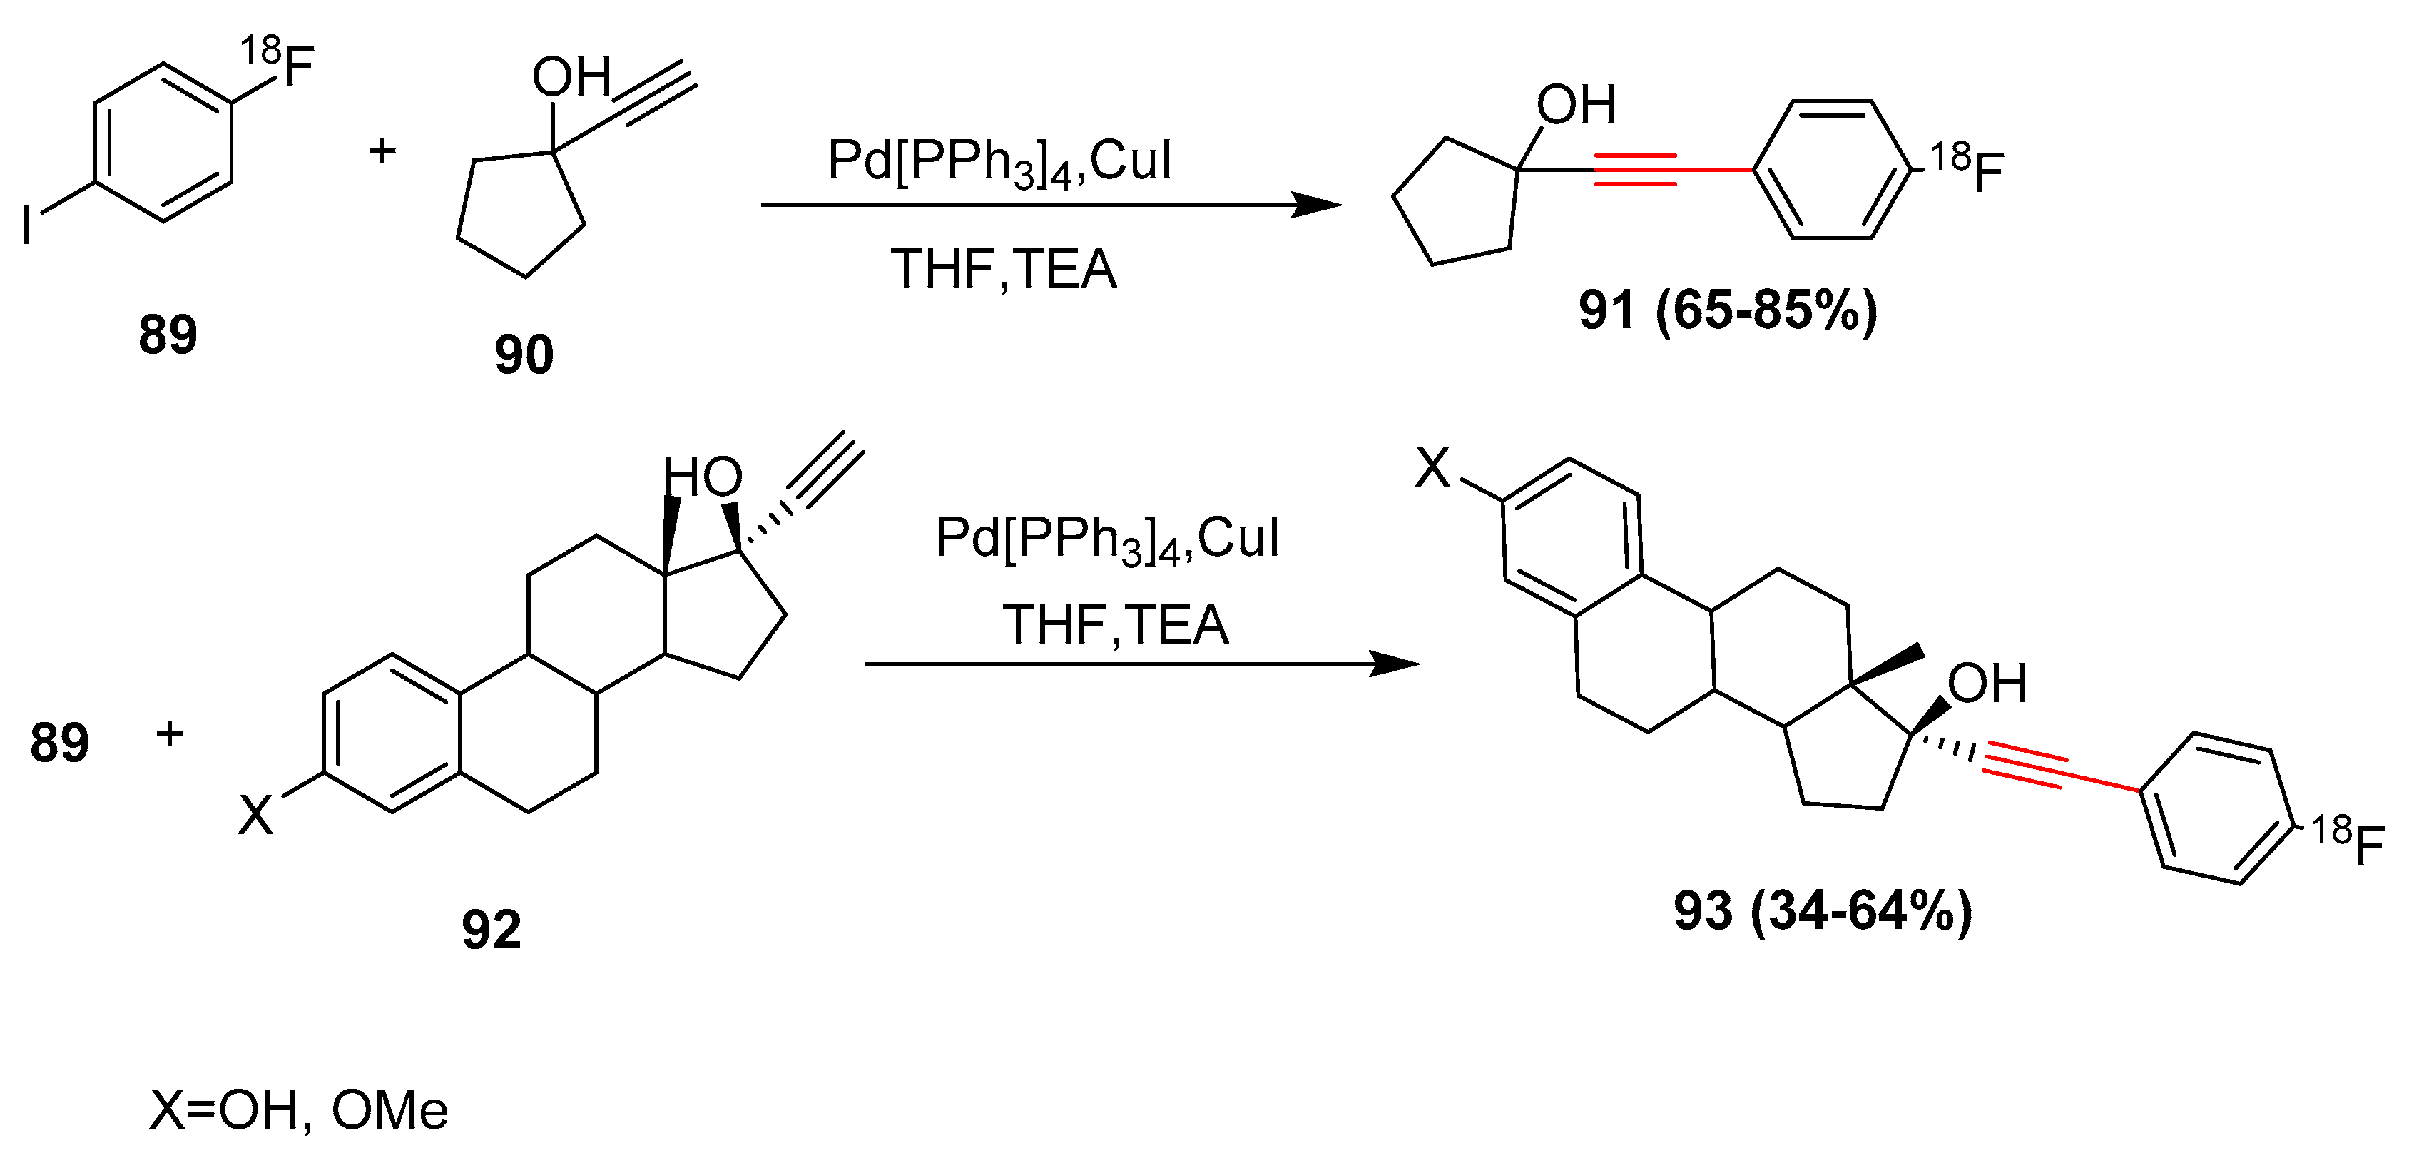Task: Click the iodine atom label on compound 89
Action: click(27, 225)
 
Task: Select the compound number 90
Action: click(524, 355)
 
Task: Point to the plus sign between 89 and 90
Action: click(382, 151)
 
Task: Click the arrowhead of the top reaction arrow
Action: click(1318, 205)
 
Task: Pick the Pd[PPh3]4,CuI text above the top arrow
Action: click(999, 161)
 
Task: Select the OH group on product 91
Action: click(1576, 105)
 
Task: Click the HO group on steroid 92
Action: click(703, 477)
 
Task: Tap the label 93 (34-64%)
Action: click(1823, 910)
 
